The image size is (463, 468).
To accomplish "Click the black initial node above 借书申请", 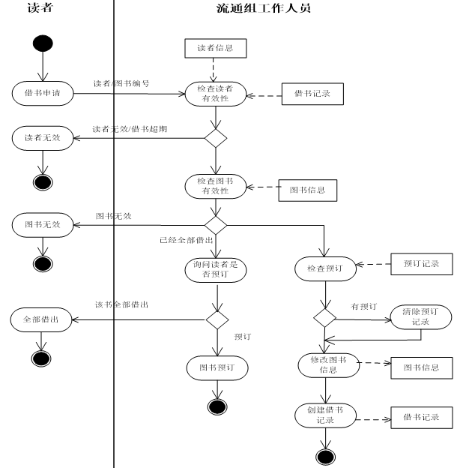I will tap(42, 43).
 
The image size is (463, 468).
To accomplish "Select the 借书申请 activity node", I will tap(42, 94).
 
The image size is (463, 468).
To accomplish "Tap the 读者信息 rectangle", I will tap(215, 49).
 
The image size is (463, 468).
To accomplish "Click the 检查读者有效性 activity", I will tap(215, 94).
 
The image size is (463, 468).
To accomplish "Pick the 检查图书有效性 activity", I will tap(215, 186).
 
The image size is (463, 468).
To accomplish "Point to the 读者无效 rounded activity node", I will tap(42, 138).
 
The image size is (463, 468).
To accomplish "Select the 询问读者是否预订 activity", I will tap(215, 269).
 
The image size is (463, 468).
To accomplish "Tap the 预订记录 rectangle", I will tap(422, 264).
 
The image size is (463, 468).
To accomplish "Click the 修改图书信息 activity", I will tap(324, 365).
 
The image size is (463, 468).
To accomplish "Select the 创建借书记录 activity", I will tap(324, 415).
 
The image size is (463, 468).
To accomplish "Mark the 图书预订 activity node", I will tap(217, 367).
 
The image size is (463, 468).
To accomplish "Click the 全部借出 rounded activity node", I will tap(42, 319).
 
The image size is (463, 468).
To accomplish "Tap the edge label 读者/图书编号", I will tap(121, 83).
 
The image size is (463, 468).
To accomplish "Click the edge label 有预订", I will tap(363, 307).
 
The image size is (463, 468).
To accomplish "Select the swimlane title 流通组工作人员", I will tap(259, 9).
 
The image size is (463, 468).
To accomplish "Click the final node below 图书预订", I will tap(217, 406).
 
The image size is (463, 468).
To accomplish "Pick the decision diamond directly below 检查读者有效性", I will tap(216, 138).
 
